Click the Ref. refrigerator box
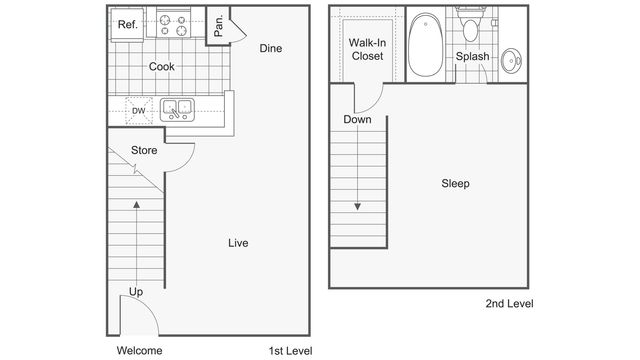click(x=126, y=25)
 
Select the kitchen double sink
click(x=177, y=108)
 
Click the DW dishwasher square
click(x=140, y=111)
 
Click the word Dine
click(x=270, y=48)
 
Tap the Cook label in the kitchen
click(x=162, y=67)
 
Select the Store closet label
click(x=144, y=151)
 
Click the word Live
click(x=237, y=243)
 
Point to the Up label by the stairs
click(x=135, y=292)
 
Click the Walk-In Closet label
click(x=367, y=50)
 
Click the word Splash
click(x=472, y=57)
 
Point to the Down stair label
click(x=357, y=120)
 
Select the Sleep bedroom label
click(x=455, y=184)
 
